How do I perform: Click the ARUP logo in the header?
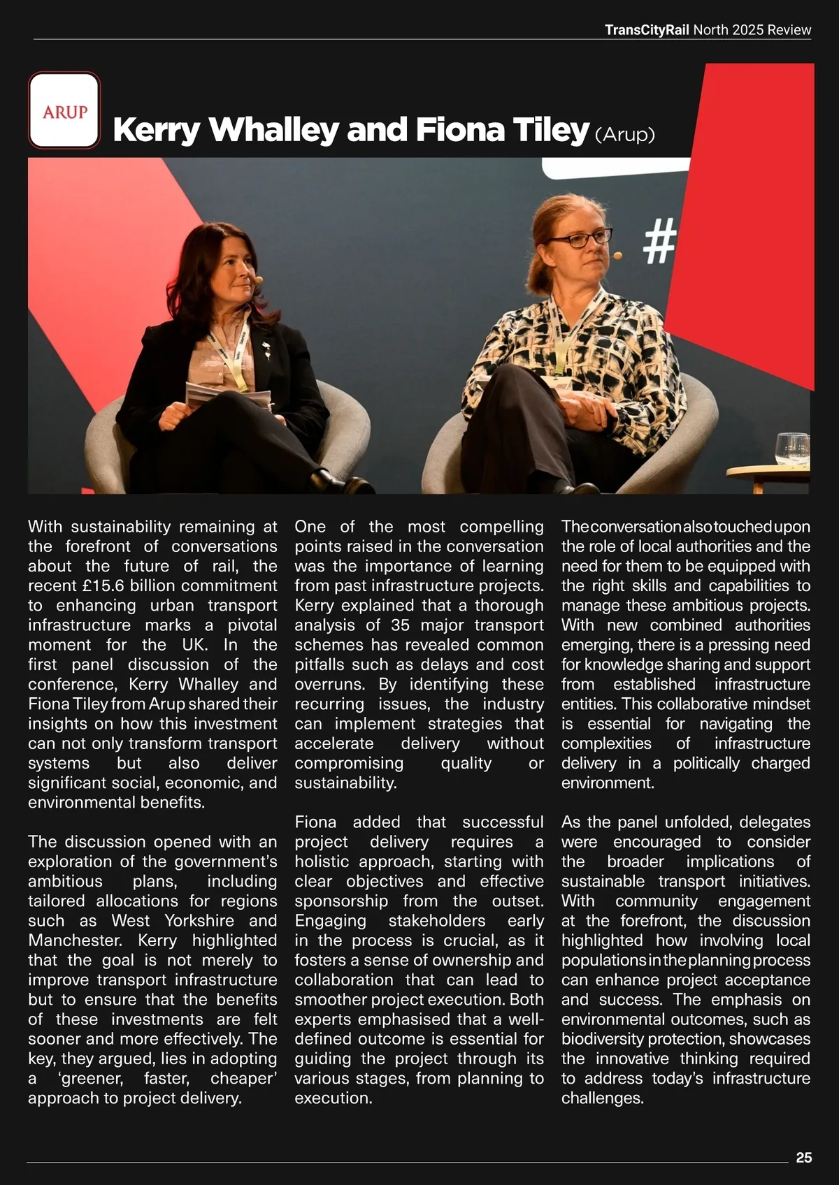[64, 111]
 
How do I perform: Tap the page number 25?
[803, 1158]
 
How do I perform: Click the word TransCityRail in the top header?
[647, 30]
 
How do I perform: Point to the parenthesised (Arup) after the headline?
[624, 134]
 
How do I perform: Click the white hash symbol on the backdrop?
[659, 240]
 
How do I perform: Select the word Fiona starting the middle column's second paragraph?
[315, 822]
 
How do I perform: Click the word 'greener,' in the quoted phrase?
[92, 1078]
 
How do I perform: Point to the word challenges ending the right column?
[602, 1098]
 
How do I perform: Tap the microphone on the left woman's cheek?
[259, 279]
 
